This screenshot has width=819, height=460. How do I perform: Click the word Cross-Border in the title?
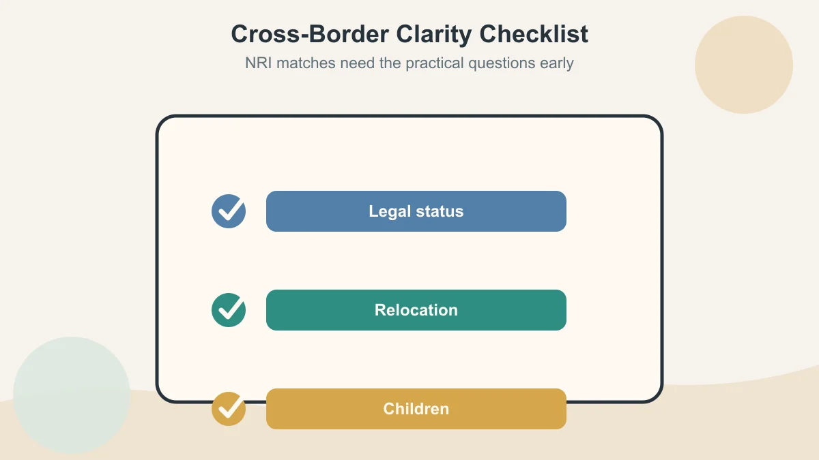(x=310, y=34)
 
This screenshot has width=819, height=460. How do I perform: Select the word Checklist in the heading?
(x=534, y=34)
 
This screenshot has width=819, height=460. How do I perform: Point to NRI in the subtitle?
(x=258, y=63)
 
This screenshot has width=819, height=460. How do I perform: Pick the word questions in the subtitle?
(x=502, y=63)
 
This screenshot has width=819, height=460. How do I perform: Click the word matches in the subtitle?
(x=306, y=63)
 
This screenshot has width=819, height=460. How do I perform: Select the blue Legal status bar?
(x=416, y=211)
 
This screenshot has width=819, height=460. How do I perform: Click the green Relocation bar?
(x=416, y=310)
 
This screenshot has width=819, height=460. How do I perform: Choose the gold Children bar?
(x=416, y=409)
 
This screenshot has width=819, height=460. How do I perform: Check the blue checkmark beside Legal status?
(x=229, y=211)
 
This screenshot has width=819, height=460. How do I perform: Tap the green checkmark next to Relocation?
(x=229, y=310)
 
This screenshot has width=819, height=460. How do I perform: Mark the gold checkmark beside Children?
(x=229, y=409)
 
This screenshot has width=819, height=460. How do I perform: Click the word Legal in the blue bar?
(x=390, y=212)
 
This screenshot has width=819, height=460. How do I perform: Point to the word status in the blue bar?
(x=440, y=211)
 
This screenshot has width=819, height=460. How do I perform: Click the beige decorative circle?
(x=744, y=65)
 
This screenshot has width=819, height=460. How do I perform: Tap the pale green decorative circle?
(x=72, y=395)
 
